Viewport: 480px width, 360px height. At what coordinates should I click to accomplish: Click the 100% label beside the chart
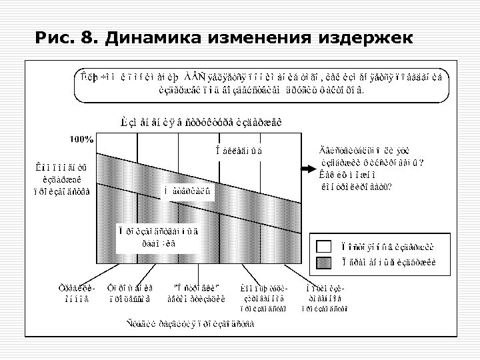(x=81, y=139)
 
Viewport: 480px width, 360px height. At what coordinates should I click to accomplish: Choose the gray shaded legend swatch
(x=325, y=262)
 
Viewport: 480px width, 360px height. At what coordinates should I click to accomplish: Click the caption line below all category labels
(x=193, y=324)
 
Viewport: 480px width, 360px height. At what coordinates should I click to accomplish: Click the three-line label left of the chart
(x=65, y=177)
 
